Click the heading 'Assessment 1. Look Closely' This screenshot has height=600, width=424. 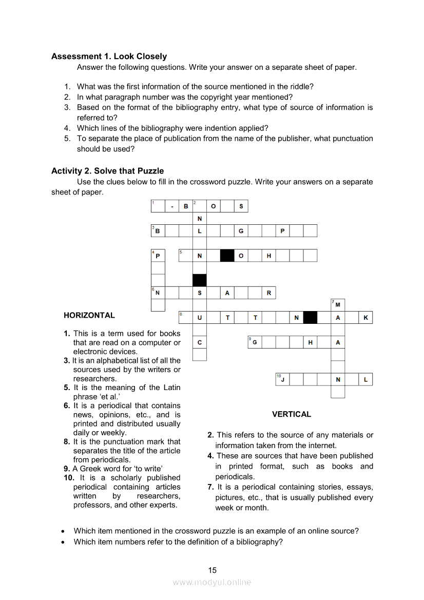[x=109, y=56]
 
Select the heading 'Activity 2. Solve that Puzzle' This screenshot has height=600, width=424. [x=107, y=171]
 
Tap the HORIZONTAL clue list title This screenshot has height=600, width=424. [x=89, y=315]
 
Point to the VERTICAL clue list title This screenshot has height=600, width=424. [x=292, y=414]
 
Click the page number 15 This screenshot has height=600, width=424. [x=213, y=570]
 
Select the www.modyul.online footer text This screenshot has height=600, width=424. [x=212, y=582]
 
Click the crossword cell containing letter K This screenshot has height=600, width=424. [x=365, y=318]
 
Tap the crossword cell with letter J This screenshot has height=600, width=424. [x=282, y=380]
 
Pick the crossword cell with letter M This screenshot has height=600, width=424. [x=338, y=305]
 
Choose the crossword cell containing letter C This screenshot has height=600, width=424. [x=200, y=342]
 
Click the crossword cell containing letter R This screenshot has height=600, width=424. [x=268, y=293]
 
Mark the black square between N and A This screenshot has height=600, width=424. [x=310, y=318]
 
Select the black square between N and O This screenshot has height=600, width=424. [x=227, y=256]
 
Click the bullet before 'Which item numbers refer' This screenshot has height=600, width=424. [x=63, y=542]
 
